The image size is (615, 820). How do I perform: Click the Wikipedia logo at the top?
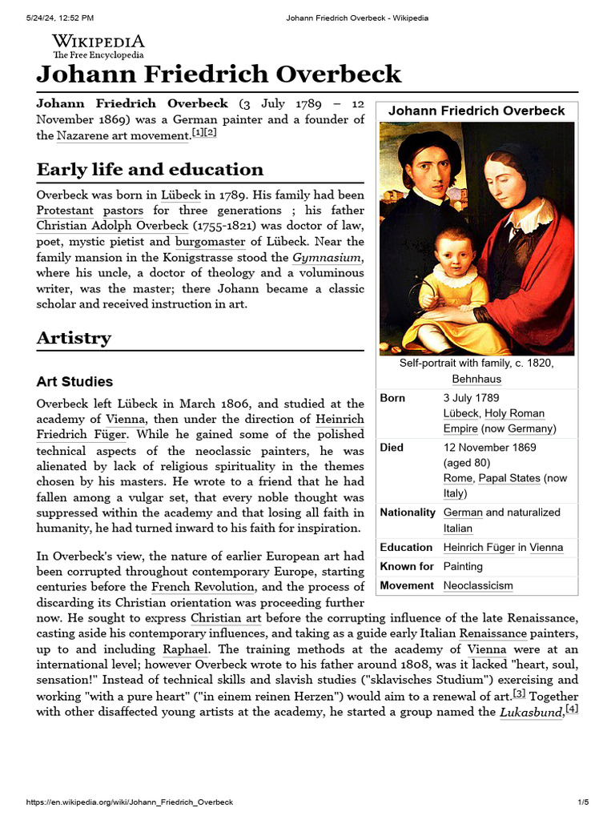point(98,46)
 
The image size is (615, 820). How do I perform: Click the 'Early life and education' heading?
point(150,170)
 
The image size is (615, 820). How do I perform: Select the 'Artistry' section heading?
point(74,338)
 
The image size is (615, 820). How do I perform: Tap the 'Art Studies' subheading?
point(74,381)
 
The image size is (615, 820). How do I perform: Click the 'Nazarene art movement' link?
point(123,135)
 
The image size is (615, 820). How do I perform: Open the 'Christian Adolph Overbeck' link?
point(112,225)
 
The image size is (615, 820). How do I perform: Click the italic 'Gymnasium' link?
point(328,257)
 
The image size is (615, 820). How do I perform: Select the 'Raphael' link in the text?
point(184,649)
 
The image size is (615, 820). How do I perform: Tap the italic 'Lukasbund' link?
point(531,712)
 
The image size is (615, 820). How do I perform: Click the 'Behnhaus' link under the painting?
point(476,379)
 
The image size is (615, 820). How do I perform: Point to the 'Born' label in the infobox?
point(392,398)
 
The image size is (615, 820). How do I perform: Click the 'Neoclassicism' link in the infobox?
point(478,585)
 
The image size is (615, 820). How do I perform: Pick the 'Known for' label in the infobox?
point(407,566)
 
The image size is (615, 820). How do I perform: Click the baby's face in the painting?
point(454,255)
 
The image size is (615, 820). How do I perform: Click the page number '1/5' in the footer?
point(583,802)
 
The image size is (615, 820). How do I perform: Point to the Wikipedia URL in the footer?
point(130,802)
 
